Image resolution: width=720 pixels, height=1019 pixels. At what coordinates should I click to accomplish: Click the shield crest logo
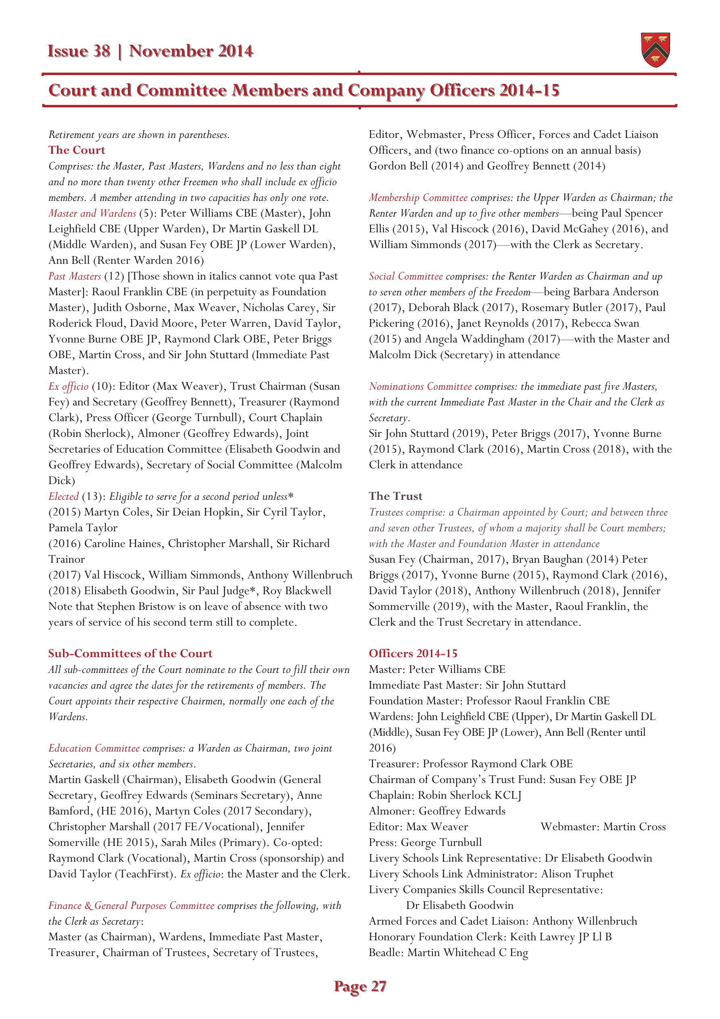coord(655,50)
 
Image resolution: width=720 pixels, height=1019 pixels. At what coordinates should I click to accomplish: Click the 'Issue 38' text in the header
coord(79,52)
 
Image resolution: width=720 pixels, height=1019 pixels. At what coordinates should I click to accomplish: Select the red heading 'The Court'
coord(77,150)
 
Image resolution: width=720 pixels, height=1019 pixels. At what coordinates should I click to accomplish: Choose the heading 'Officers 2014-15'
coord(413,653)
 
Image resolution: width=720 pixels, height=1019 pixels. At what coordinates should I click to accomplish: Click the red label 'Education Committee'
coord(94,748)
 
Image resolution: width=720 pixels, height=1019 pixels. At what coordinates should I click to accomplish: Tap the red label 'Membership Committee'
coord(418,198)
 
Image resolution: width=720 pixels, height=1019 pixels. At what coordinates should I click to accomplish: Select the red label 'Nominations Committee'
coord(420,386)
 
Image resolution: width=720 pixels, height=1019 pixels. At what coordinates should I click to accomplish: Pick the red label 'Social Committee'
coord(406,276)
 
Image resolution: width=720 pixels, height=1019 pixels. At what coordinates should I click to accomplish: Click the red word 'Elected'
coord(63,496)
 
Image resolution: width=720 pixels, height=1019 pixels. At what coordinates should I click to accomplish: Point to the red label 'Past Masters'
coord(75,276)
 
